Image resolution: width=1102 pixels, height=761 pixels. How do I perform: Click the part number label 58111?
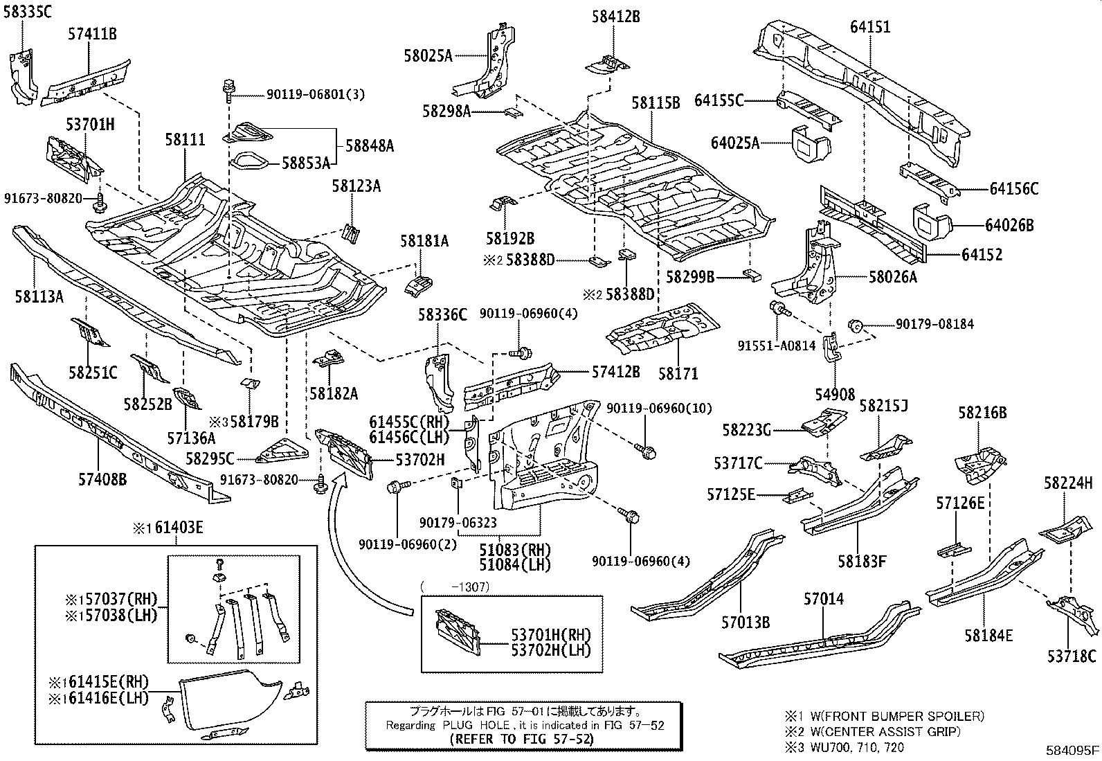coord(184,140)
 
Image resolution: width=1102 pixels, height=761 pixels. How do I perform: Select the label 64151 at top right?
coord(869,27)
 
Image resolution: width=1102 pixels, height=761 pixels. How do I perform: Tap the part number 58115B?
coord(655,102)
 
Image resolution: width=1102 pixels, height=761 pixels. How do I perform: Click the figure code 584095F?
coord(1072,750)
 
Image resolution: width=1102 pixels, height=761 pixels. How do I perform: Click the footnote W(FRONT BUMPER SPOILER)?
coord(892,717)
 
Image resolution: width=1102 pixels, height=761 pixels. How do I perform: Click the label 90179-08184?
coord(934,324)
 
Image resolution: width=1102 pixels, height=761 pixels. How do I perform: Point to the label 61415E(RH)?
coord(104,683)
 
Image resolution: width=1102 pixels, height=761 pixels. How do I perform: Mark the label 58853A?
coord(305,163)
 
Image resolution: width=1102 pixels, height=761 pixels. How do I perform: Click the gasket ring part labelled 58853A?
coord(249,163)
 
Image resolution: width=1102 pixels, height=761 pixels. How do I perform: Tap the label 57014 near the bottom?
coord(824,599)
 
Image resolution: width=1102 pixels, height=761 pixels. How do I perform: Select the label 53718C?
coord(1072,656)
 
